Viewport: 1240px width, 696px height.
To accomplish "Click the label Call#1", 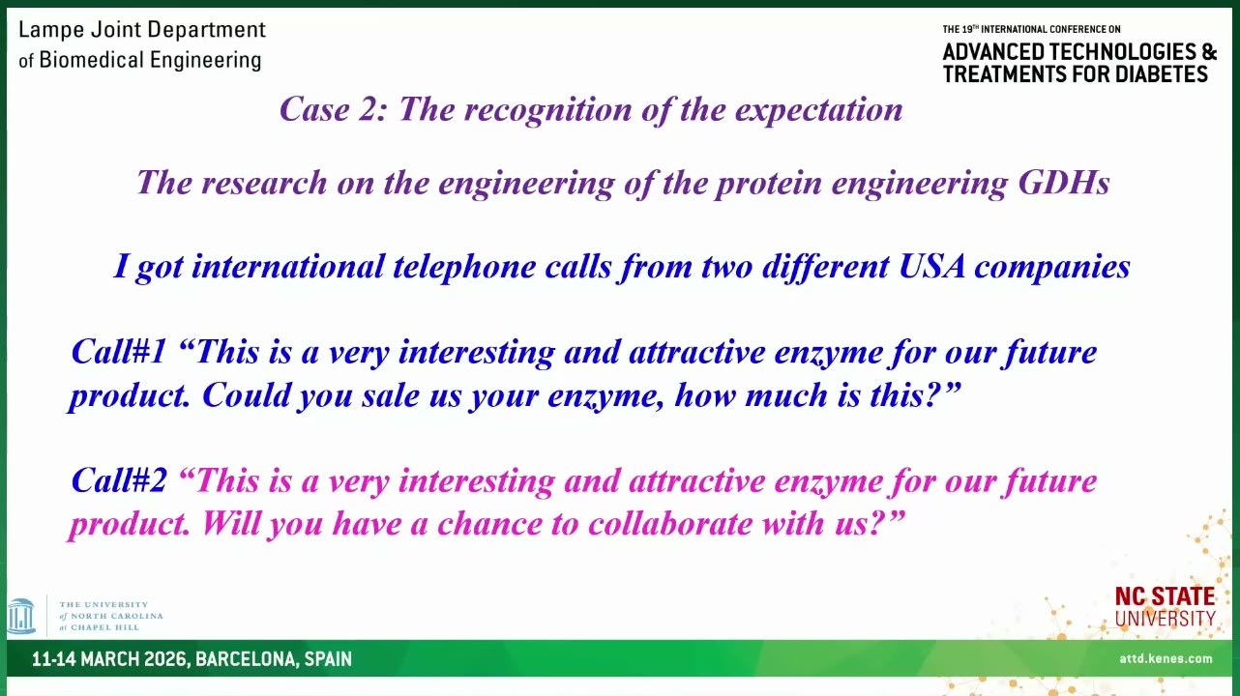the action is point(119,352).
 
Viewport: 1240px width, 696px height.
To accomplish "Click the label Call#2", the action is point(119,480).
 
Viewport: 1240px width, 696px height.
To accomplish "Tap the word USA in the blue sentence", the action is point(931,266).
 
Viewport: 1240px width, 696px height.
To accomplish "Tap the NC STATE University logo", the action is point(1165,607).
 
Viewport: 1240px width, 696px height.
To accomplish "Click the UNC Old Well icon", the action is point(21,616).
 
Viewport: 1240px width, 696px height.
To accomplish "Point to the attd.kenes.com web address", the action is point(1166,658).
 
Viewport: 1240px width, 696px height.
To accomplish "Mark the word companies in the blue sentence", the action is point(1052,268).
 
